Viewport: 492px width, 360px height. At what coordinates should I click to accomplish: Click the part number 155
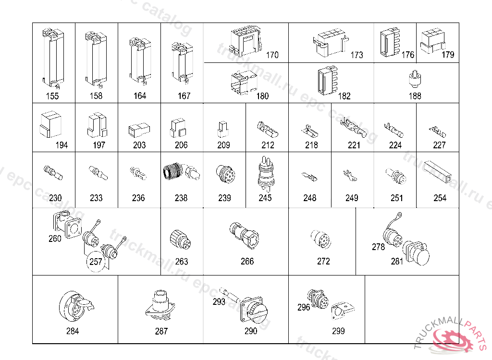click(x=52, y=96)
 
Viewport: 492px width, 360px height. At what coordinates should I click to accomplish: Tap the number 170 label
click(x=272, y=55)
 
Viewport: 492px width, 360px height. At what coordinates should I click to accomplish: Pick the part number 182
click(x=344, y=96)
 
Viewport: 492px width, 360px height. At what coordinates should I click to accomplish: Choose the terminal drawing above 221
click(x=353, y=129)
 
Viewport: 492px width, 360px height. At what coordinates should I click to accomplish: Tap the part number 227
click(x=439, y=145)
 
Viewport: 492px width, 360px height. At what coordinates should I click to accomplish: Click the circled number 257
click(x=96, y=262)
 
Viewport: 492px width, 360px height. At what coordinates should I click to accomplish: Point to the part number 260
click(x=55, y=239)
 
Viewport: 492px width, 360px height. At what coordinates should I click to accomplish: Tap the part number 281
click(x=397, y=262)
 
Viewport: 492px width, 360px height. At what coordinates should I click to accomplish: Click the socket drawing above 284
click(x=75, y=306)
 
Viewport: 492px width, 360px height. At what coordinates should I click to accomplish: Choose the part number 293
click(x=219, y=302)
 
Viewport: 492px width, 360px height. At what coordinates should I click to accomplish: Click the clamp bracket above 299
click(x=342, y=311)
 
